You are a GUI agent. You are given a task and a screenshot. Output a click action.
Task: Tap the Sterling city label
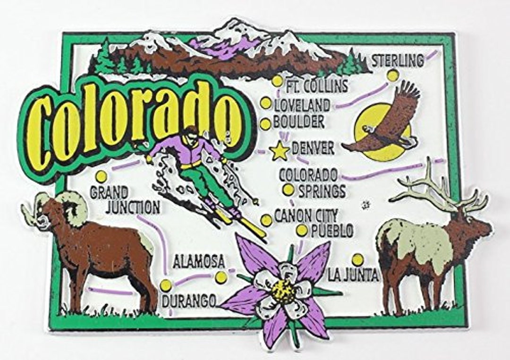[397, 61]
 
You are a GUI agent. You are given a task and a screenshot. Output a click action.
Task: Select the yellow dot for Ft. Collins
[277, 81]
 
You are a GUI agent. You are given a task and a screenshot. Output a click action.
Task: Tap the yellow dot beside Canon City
[266, 220]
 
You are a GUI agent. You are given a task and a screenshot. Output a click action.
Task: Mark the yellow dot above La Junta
[358, 259]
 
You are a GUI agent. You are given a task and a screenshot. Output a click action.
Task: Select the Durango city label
[189, 300]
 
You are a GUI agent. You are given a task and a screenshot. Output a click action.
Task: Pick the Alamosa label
[198, 262]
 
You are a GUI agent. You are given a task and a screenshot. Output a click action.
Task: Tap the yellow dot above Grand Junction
[101, 177]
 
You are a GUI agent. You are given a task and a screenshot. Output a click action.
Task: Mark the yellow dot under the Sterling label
[392, 76]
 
